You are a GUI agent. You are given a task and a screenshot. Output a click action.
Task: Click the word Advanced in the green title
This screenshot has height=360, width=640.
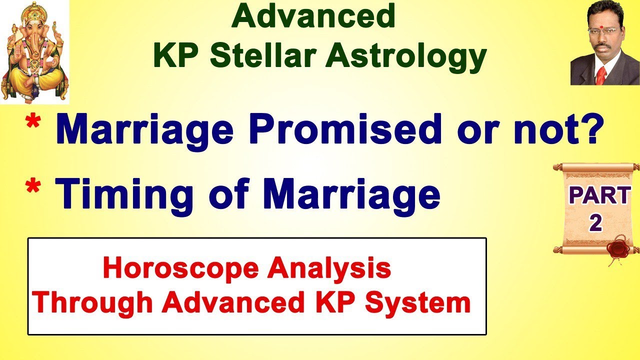pyautogui.click(x=314, y=16)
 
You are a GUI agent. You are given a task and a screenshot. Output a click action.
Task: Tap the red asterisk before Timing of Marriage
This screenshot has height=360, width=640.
pyautogui.click(x=34, y=189)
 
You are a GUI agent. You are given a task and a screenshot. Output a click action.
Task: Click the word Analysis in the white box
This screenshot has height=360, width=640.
pyautogui.click(x=329, y=269)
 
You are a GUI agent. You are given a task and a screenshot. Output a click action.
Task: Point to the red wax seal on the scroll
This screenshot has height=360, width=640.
pyautogui.click(x=616, y=248)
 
